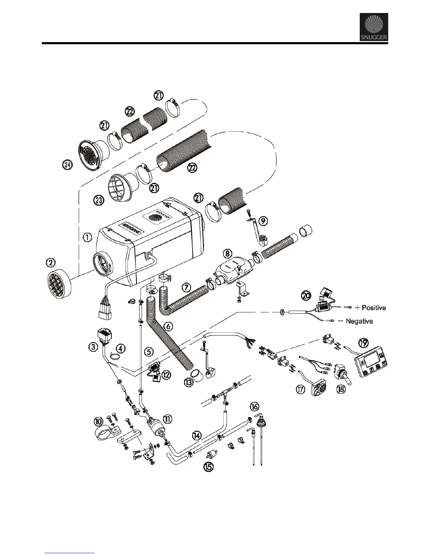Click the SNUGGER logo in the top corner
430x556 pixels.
pos(374,27)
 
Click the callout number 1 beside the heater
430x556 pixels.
pos(87,238)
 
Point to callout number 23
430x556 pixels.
pos(99,201)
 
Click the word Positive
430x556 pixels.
pos(373,308)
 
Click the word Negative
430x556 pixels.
pos(359,321)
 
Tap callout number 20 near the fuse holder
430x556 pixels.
pos(307,296)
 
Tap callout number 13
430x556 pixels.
pos(189,382)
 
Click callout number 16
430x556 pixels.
pos(254,406)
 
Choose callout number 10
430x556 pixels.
pos(99,421)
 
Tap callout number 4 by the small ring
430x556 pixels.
pos(120,349)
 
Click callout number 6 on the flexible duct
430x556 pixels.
pos(168,326)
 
